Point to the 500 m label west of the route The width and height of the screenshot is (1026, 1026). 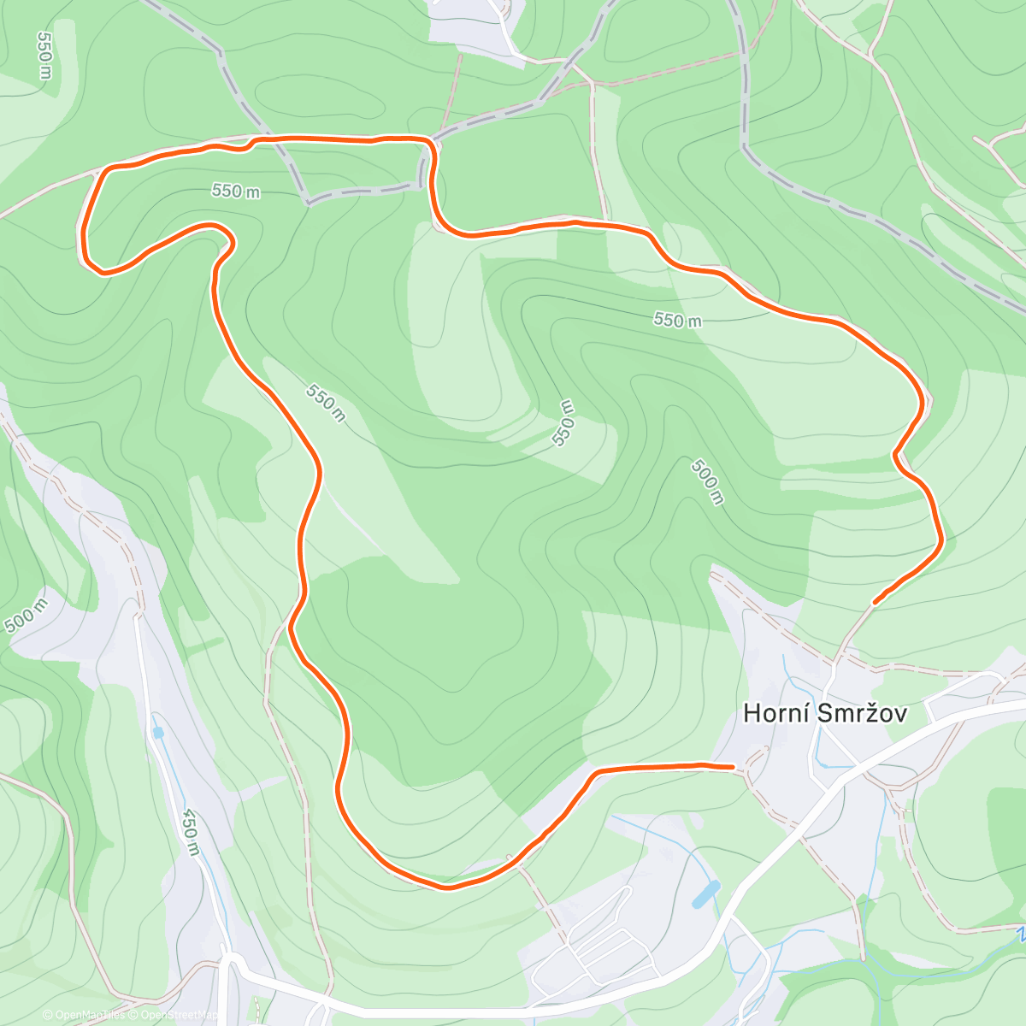tap(27, 616)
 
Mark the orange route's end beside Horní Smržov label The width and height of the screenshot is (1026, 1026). tap(732, 767)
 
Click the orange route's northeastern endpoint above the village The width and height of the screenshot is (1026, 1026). tap(874, 602)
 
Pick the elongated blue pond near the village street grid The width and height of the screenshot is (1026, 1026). tap(705, 893)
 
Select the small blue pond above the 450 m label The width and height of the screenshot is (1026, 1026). tap(158, 733)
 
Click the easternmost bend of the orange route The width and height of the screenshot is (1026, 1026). tap(940, 539)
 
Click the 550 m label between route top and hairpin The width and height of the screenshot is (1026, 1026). tap(236, 191)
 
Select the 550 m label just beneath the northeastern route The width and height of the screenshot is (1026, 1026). tap(677, 321)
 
